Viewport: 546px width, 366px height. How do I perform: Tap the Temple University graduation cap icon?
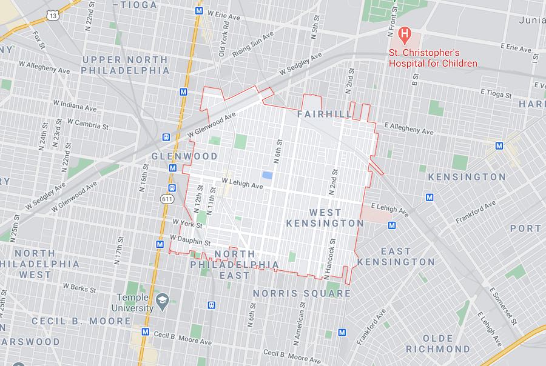162,299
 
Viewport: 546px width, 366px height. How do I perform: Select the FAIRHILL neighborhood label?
325,114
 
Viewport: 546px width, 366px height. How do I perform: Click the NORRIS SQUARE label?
302,293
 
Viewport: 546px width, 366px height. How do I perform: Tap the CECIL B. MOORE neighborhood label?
72,321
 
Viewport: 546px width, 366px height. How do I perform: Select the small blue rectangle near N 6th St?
266,176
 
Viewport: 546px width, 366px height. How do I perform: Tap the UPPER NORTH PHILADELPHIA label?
126,65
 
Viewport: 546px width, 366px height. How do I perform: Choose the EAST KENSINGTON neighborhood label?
396,256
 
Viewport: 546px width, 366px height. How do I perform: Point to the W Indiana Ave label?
75,105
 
